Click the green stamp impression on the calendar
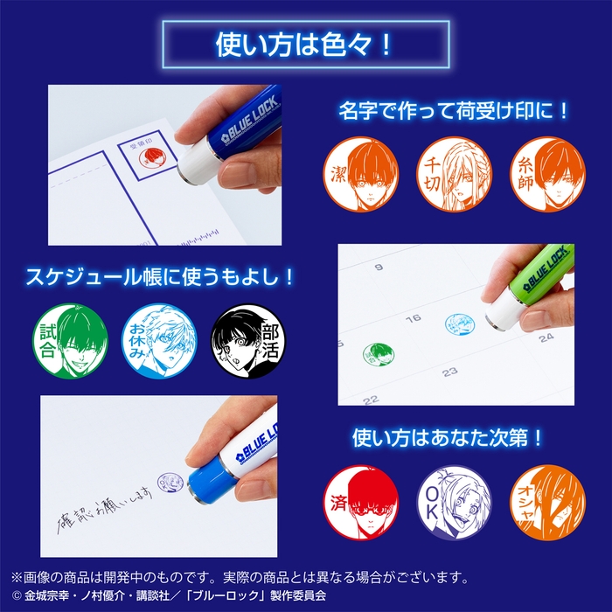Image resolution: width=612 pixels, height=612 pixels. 378,354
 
